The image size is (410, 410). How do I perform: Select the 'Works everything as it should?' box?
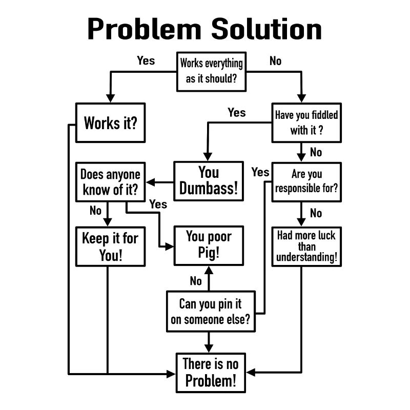(x=211, y=72)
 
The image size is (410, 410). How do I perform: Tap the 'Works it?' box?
(x=110, y=123)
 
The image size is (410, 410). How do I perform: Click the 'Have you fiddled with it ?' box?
(x=306, y=122)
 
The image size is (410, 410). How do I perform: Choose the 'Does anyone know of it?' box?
(x=110, y=181)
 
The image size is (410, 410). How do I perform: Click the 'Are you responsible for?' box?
(x=306, y=181)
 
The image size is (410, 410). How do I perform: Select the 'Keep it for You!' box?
(x=110, y=247)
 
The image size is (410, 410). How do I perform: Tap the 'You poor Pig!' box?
(x=209, y=244)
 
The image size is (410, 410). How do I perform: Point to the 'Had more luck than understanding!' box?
(x=307, y=247)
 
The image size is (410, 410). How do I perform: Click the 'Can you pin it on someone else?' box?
(x=210, y=312)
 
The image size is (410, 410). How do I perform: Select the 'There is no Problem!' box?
(x=211, y=373)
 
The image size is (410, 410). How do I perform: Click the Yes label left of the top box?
(x=146, y=60)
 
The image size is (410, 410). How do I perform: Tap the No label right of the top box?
(x=275, y=61)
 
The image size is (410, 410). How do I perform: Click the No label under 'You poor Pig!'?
(x=196, y=281)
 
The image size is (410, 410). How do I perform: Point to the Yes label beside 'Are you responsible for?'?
(x=260, y=172)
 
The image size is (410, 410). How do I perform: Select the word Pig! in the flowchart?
(x=209, y=253)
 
